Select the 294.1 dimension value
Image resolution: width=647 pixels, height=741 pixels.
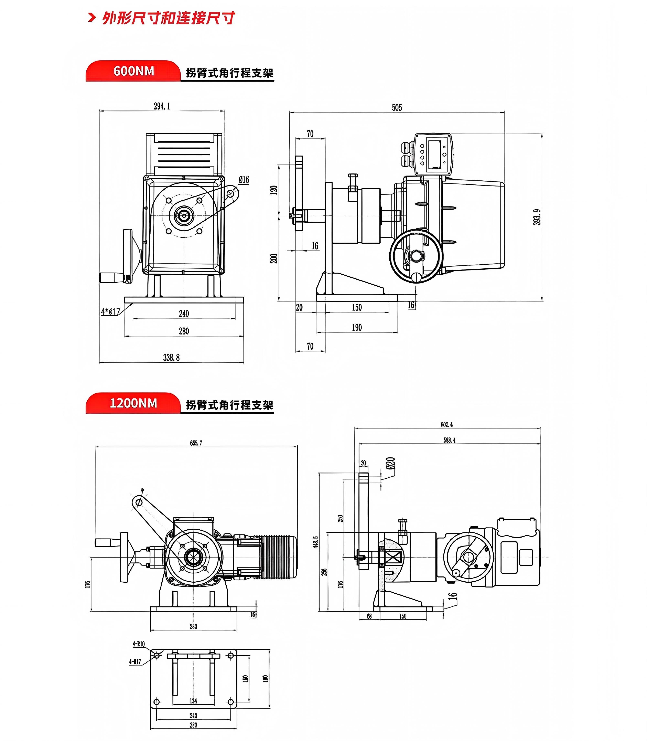[162, 106]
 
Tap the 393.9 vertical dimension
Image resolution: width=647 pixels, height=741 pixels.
[537, 217]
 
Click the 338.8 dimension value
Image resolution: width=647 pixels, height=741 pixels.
[171, 358]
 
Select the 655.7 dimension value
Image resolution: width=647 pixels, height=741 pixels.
[196, 443]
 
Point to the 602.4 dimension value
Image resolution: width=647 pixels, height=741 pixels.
[447, 425]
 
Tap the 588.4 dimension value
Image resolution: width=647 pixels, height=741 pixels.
[450, 440]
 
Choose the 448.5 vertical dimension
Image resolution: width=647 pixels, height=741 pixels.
[316, 542]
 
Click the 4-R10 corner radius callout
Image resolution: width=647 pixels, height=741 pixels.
[139, 644]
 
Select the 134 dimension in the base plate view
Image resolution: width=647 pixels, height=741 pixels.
[194, 701]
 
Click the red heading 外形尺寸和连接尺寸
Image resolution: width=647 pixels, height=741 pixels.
[169, 18]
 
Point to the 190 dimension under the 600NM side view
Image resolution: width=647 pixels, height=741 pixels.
[357, 328]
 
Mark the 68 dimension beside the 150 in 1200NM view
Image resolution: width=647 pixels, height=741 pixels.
[369, 616]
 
